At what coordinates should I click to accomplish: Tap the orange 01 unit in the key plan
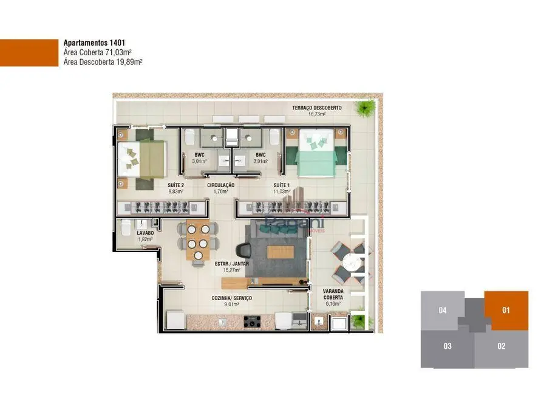tap(506, 311)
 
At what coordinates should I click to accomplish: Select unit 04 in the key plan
tap(443, 311)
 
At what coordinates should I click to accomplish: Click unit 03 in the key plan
tap(447, 346)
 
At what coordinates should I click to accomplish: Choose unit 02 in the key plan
tap(502, 346)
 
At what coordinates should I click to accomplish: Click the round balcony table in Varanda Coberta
tap(350, 262)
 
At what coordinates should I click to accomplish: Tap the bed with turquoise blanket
tap(316, 152)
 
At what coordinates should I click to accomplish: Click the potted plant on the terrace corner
tap(365, 108)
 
